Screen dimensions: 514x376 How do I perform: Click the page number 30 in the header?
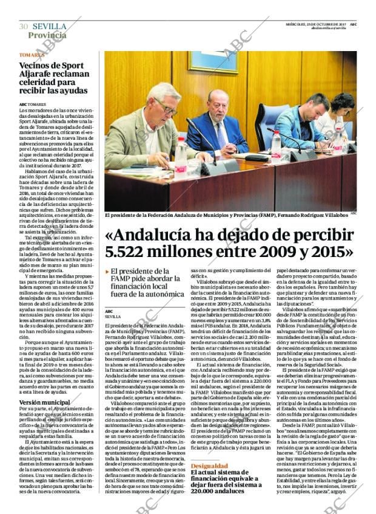[23, 26]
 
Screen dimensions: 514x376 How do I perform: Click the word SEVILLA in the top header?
[49, 26]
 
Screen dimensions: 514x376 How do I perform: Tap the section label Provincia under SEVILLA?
[47, 35]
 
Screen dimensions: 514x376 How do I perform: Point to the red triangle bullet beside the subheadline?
[107, 272]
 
